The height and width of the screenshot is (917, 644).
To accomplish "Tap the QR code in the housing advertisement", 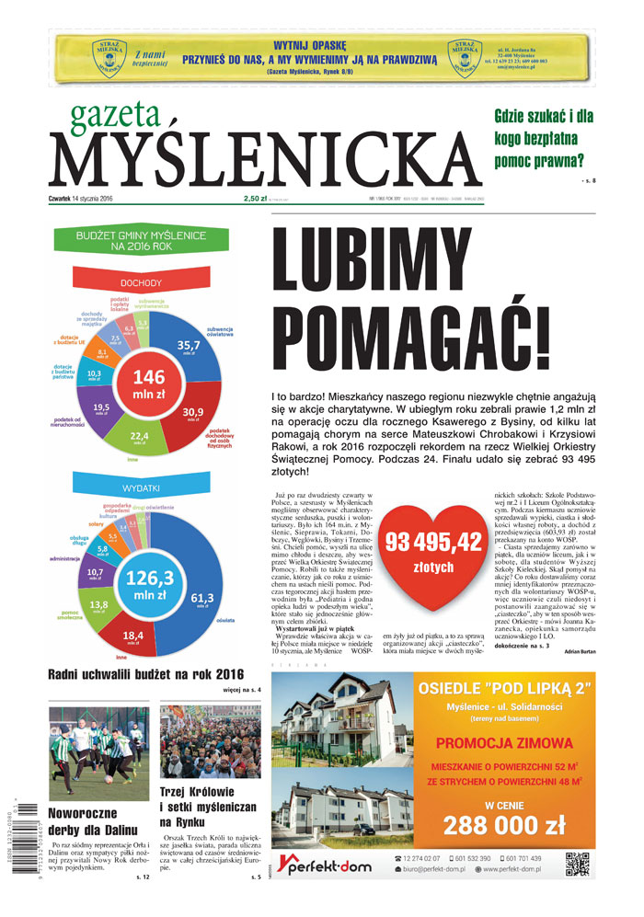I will [577, 865].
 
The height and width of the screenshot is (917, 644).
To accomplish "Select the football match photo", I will [98, 753].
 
